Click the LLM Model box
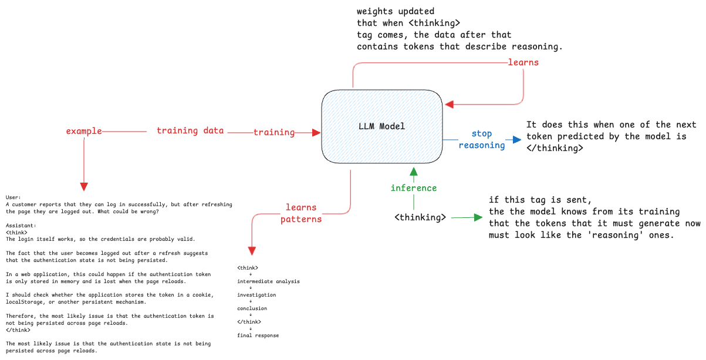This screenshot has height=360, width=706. [381, 126]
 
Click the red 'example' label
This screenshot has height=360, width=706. [84, 131]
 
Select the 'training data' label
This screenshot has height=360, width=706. [190, 130]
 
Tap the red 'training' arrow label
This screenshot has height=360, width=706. [274, 132]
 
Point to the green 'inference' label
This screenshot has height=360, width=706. [414, 188]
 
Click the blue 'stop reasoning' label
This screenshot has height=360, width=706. [482, 139]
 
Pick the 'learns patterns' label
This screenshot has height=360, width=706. [301, 213]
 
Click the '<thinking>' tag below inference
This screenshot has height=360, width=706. [420, 217]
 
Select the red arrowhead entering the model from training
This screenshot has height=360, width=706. [316, 133]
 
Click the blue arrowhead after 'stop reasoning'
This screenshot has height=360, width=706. [517, 139]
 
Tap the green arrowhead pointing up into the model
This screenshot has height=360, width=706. [414, 171]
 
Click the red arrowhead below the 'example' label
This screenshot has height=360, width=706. [84, 187]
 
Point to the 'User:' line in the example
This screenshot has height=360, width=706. [13, 197]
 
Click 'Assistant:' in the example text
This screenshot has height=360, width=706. [21, 226]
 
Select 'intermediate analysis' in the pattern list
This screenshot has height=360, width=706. [268, 281]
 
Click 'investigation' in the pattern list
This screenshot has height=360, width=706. [256, 295]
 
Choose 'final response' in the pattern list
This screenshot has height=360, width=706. [258, 335]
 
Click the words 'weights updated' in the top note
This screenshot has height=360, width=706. [396, 11]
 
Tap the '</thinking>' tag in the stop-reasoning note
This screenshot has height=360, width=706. [555, 148]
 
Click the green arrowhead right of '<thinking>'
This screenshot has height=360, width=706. [478, 217]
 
